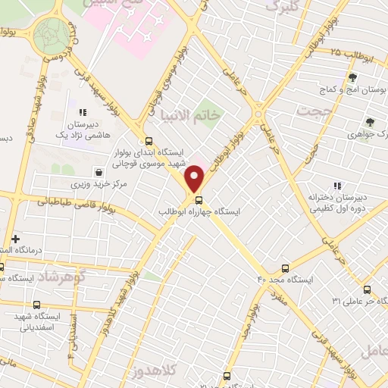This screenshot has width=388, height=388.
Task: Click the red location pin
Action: point(196,177)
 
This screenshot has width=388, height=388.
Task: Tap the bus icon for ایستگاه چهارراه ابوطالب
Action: point(199,201)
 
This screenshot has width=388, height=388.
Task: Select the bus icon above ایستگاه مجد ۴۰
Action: point(286,268)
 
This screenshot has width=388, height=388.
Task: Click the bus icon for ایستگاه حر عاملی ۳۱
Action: point(367,289)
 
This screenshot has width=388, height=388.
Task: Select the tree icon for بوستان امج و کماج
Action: point(352,77)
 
